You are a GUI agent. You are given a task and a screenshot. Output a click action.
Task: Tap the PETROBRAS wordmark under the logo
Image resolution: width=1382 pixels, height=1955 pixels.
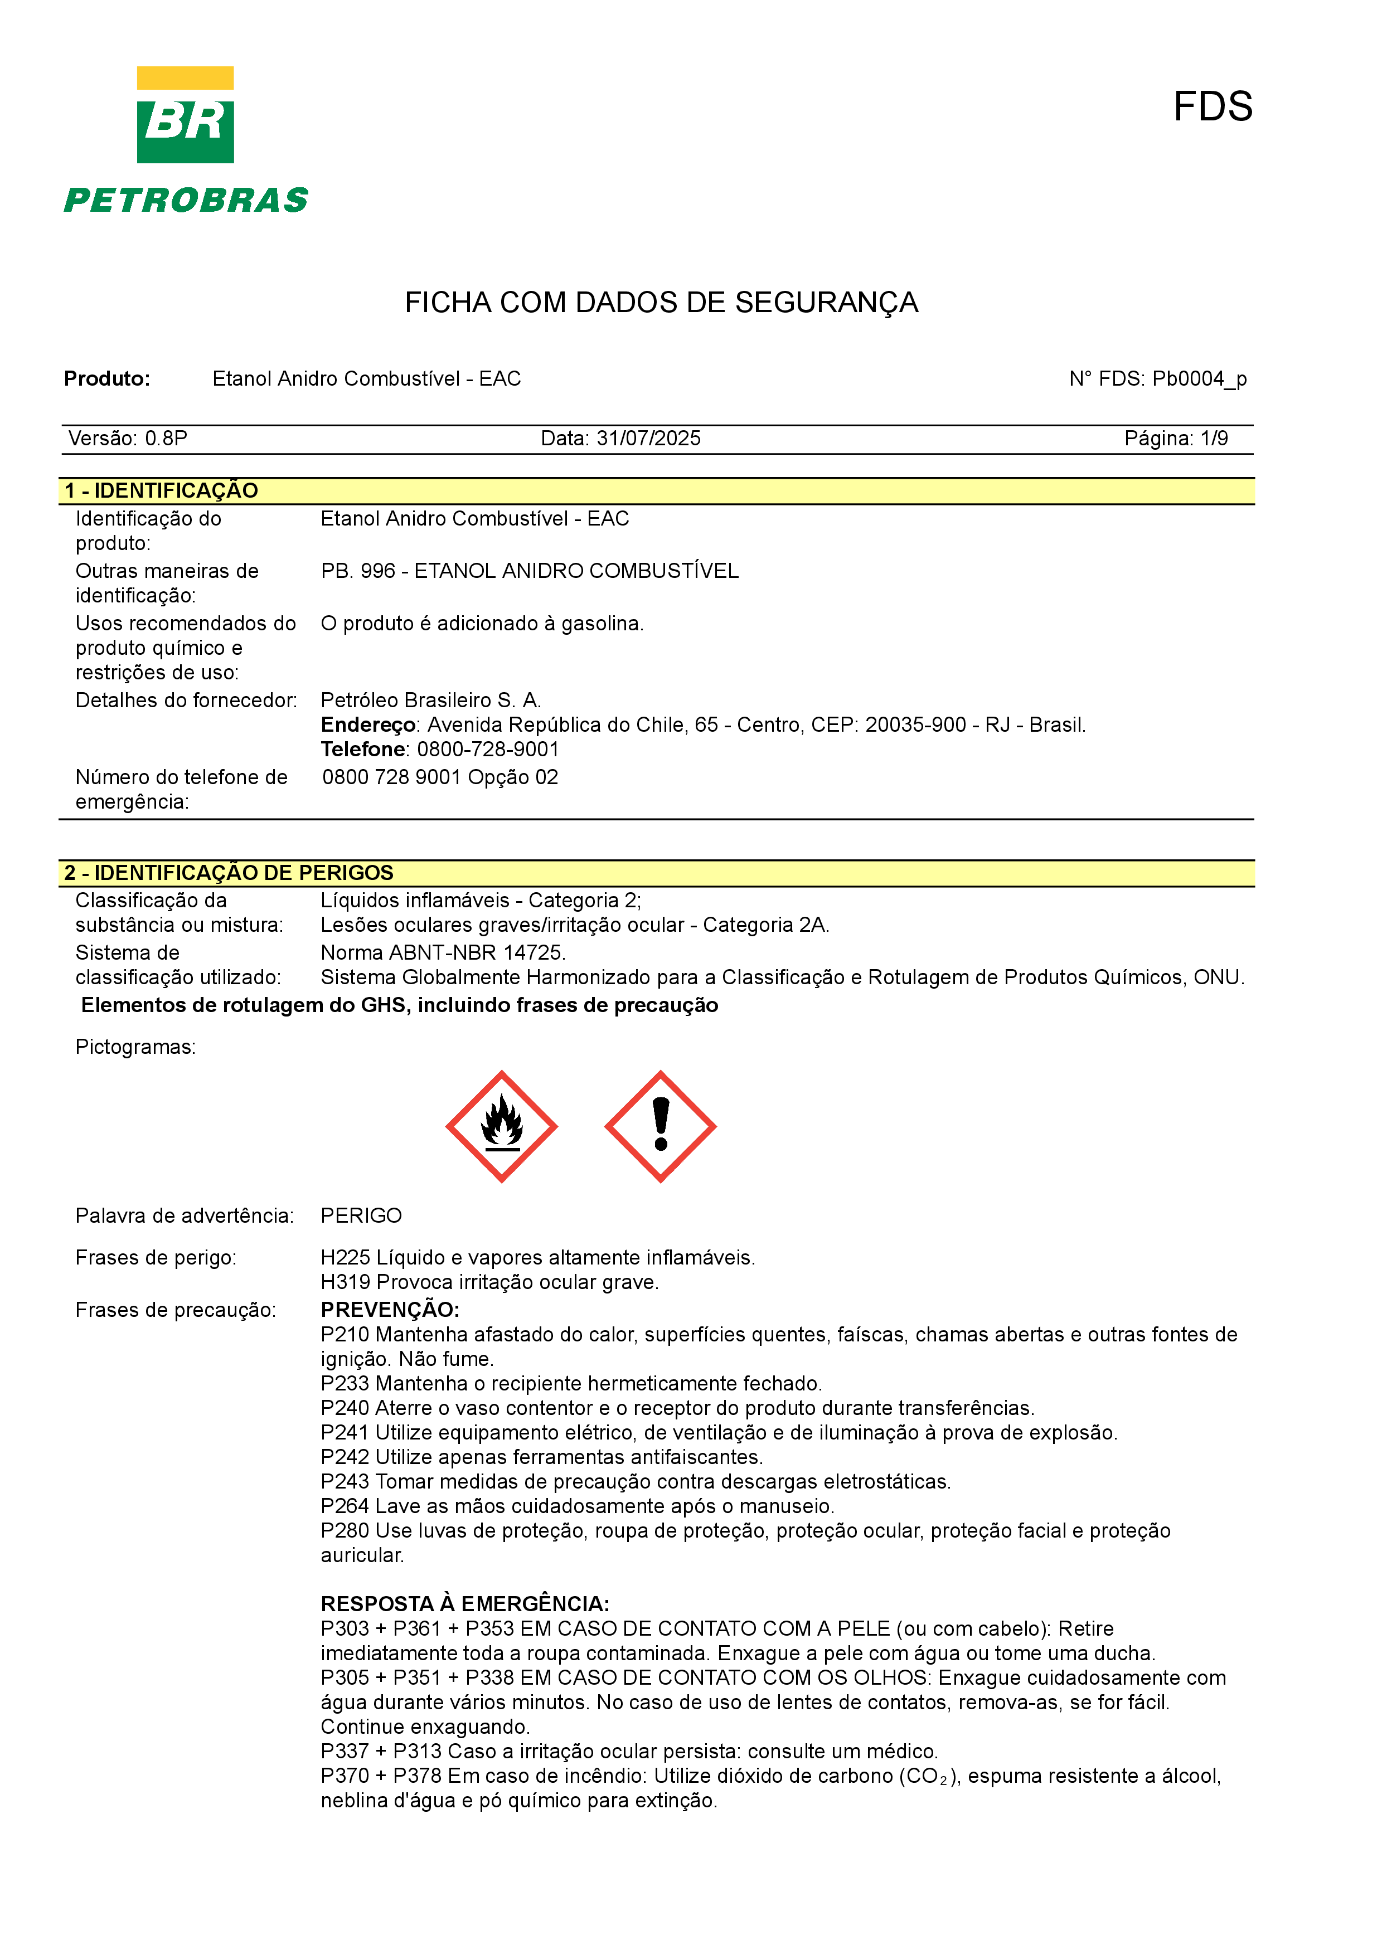point(186,201)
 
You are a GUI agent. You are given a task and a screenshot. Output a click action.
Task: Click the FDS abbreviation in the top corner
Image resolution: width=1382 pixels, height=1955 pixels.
point(1212,108)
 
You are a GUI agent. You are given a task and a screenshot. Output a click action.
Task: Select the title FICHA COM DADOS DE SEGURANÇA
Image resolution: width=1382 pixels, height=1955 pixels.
point(661,303)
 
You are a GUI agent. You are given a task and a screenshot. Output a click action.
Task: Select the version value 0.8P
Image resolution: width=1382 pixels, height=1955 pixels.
point(166,439)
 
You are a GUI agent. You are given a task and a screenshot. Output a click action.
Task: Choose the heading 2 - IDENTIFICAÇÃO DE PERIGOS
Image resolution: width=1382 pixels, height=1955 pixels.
point(228,873)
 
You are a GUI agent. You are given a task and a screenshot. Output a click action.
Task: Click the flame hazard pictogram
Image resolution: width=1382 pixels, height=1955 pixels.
point(502,1126)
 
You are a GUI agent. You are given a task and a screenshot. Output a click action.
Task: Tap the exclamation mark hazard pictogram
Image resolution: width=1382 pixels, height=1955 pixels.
point(660,1126)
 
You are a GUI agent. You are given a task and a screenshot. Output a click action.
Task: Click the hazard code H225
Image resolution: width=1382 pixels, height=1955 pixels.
point(345,1258)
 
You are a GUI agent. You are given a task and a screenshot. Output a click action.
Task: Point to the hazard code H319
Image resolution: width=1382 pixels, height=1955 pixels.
point(345,1282)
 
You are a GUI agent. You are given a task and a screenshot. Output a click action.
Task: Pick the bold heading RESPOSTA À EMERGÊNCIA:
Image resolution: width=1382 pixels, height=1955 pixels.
point(465,1604)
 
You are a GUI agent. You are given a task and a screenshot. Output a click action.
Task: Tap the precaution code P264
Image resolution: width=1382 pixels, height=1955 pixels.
point(345,1506)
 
